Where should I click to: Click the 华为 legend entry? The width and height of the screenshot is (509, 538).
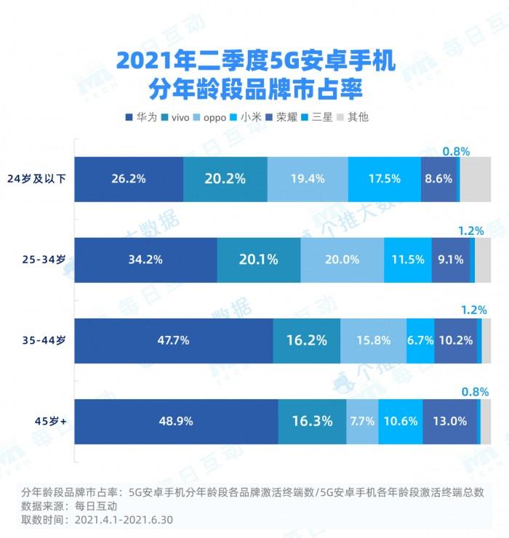click(x=142, y=116)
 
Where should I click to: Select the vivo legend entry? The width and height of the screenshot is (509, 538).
click(x=180, y=116)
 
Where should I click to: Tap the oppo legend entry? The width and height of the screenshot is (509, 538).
click(x=220, y=116)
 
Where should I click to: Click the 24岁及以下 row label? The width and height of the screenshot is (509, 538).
click(x=38, y=178)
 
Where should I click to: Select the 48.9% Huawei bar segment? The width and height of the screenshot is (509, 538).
click(x=176, y=420)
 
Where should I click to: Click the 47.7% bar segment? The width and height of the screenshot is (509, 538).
click(x=173, y=340)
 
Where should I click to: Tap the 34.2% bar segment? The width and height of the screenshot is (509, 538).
click(x=145, y=259)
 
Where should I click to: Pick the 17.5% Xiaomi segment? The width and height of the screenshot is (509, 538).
click(x=384, y=178)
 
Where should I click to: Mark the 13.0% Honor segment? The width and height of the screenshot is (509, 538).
click(x=449, y=420)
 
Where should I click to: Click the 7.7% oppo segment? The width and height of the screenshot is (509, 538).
click(x=362, y=420)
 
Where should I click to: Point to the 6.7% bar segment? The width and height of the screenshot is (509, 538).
click(x=420, y=340)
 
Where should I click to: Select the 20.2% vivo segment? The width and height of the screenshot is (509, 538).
click(x=225, y=178)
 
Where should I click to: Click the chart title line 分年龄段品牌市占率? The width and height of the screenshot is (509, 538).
click(x=254, y=91)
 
